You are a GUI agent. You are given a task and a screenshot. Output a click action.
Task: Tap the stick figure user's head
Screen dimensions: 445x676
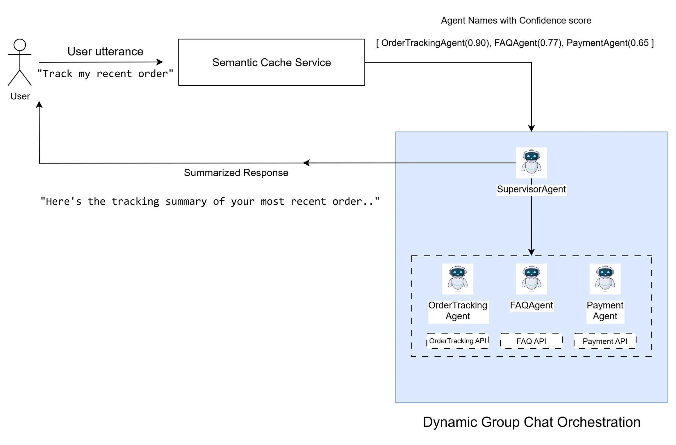tap(20, 45)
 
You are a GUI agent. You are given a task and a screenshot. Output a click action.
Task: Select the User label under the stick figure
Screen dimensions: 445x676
tap(20, 96)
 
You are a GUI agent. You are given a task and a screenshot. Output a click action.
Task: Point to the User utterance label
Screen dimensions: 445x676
tap(105, 51)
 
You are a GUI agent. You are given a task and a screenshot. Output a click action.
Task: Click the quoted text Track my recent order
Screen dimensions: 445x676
tap(105, 74)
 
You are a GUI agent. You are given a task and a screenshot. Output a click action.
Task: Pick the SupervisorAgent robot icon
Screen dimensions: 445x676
tap(531, 163)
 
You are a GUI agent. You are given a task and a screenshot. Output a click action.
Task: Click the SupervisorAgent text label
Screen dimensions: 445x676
tap(531, 189)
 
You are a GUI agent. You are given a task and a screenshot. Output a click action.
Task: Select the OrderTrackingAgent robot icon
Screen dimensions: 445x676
tap(457, 278)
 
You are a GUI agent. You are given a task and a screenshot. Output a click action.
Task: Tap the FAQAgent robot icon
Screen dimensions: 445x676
tap(531, 278)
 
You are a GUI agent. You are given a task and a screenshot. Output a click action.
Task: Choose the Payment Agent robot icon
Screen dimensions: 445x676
tap(604, 278)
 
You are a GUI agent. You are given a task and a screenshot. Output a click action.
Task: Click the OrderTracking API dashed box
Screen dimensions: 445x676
tap(457, 340)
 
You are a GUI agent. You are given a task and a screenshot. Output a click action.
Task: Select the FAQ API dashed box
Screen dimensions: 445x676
tap(531, 341)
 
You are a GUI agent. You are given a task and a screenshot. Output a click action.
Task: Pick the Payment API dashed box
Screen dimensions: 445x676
tap(604, 341)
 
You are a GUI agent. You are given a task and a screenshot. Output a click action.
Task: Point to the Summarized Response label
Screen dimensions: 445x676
tap(236, 172)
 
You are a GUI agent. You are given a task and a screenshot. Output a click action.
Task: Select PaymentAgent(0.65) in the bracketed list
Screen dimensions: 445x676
tap(607, 43)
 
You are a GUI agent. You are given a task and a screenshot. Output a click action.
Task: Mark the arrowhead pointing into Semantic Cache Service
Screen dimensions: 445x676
tap(160, 62)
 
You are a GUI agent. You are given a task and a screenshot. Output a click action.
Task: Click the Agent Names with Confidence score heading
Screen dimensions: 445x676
tap(516, 20)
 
